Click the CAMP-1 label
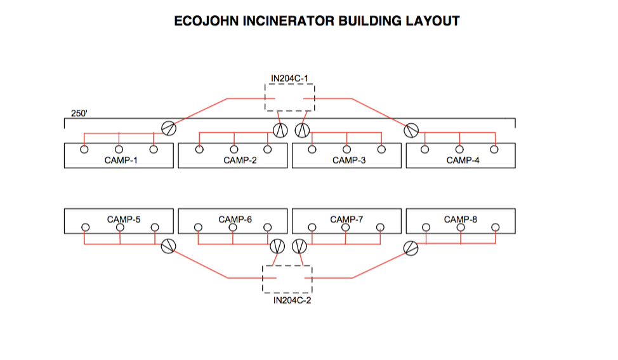121,161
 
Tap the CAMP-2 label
240,161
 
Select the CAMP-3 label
349,161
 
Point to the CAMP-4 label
463,161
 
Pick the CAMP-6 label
235,220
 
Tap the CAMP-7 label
346,220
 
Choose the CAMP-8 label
461,220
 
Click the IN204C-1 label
289,79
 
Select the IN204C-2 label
292,300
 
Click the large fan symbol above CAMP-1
169,128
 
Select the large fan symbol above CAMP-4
412,130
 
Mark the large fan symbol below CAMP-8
412,248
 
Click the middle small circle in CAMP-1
119,150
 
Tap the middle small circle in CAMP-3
346,150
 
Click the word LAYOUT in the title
431,21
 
